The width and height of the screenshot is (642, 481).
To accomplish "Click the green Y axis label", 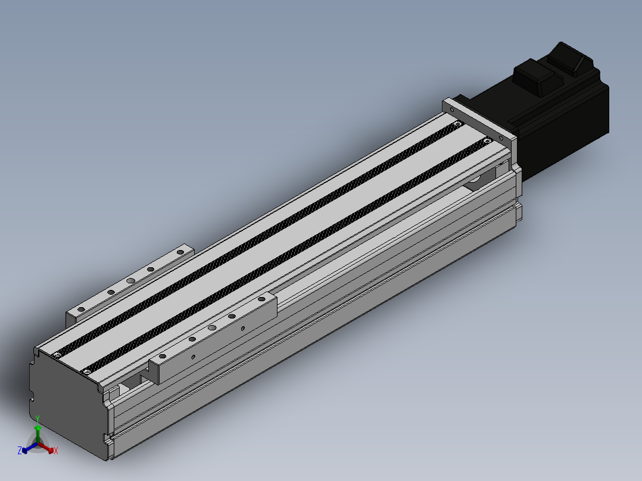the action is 38,418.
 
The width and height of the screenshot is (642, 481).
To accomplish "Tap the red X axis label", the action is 56,451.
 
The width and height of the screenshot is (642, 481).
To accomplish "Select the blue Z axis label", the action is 19,451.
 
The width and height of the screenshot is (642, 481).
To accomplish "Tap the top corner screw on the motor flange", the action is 452,110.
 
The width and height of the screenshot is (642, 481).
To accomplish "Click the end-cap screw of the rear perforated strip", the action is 57,355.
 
